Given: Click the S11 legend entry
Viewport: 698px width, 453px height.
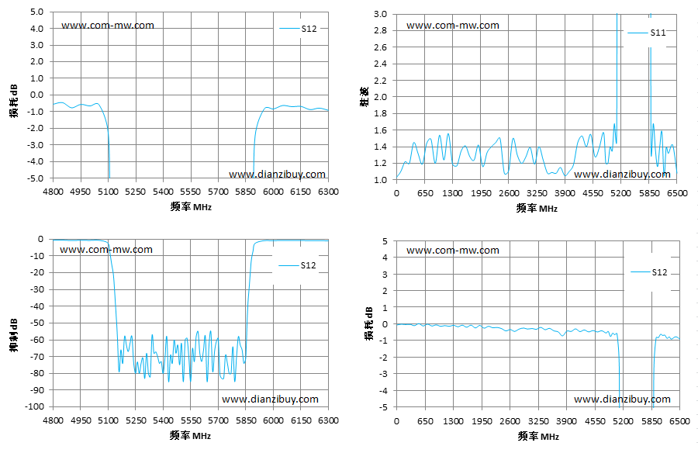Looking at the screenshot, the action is coord(647,33).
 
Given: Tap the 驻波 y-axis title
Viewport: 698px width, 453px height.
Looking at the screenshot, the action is coord(365,97).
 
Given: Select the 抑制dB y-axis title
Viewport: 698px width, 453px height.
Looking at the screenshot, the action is coord(14,335).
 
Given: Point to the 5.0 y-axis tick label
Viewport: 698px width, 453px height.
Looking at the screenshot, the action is coord(37,12).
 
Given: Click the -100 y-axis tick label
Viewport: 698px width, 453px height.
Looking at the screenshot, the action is coord(34,406).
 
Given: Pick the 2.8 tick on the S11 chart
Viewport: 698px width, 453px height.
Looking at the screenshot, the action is coord(381,30).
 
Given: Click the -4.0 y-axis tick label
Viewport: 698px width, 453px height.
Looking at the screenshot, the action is coord(36,161).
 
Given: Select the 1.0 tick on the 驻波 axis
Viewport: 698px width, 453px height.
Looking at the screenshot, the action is coord(381,180).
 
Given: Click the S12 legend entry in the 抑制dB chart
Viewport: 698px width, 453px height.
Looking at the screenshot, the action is coord(297,265).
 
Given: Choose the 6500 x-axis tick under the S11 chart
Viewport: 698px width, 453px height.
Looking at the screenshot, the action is coord(678,193).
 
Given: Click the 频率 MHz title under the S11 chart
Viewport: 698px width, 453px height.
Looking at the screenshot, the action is coord(537,208).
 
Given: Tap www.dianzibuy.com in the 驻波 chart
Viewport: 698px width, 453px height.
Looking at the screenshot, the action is coord(622,175).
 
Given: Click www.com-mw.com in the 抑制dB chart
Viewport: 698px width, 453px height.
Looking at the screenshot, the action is coord(106,250).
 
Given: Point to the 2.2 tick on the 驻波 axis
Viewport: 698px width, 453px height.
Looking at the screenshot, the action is coord(381,80).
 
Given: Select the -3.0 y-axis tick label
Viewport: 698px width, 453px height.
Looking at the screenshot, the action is coord(36,145).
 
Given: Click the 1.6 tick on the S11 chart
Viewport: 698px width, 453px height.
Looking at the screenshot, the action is coord(381,130).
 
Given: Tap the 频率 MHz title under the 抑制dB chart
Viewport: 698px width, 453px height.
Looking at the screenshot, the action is coord(191,435).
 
